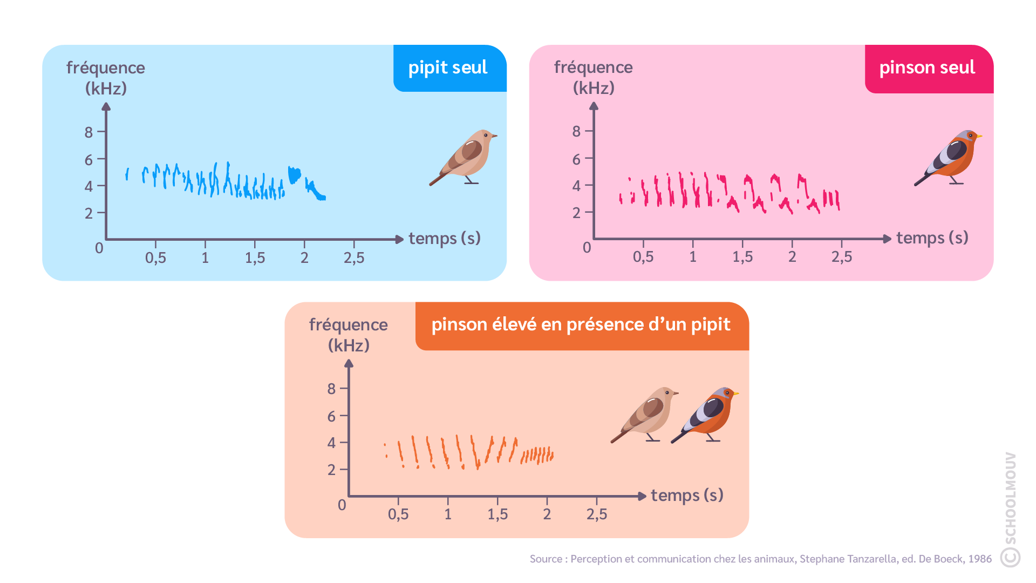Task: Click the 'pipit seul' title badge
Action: tap(448, 67)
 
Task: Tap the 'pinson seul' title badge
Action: tap(927, 67)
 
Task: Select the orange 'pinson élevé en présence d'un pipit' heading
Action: tap(581, 324)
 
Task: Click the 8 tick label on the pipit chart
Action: tap(88, 132)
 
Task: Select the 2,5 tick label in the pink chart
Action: tap(842, 257)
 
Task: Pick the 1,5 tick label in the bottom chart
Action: tap(497, 514)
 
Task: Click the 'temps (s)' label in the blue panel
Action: tap(445, 238)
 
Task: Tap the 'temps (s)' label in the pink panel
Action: tap(932, 238)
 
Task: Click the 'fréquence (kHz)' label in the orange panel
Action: tap(349, 335)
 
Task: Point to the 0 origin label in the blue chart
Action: tap(99, 248)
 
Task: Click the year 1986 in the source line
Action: tap(980, 559)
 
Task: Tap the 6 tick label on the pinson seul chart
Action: tap(576, 159)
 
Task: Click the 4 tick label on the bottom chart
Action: tap(331, 443)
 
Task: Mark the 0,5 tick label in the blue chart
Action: tap(155, 258)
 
